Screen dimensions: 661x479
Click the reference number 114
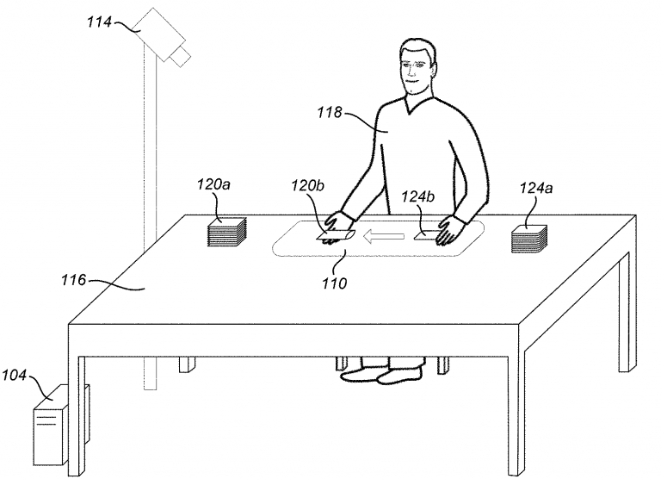(99, 22)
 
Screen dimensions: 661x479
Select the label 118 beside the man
(330, 113)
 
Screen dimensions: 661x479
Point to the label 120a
(213, 184)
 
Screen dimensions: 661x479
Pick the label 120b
(308, 185)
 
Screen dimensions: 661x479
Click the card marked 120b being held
(336, 235)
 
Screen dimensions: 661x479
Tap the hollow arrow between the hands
(384, 237)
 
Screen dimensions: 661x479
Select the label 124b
(417, 196)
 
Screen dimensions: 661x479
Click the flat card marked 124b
(426, 235)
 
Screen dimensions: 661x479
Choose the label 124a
(536, 188)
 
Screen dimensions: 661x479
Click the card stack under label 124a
(529, 239)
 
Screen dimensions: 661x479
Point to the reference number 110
(334, 283)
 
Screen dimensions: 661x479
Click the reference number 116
(74, 280)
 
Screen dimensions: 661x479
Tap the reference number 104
(14, 375)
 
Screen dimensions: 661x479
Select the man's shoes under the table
(381, 374)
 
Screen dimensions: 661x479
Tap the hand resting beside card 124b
(451, 229)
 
